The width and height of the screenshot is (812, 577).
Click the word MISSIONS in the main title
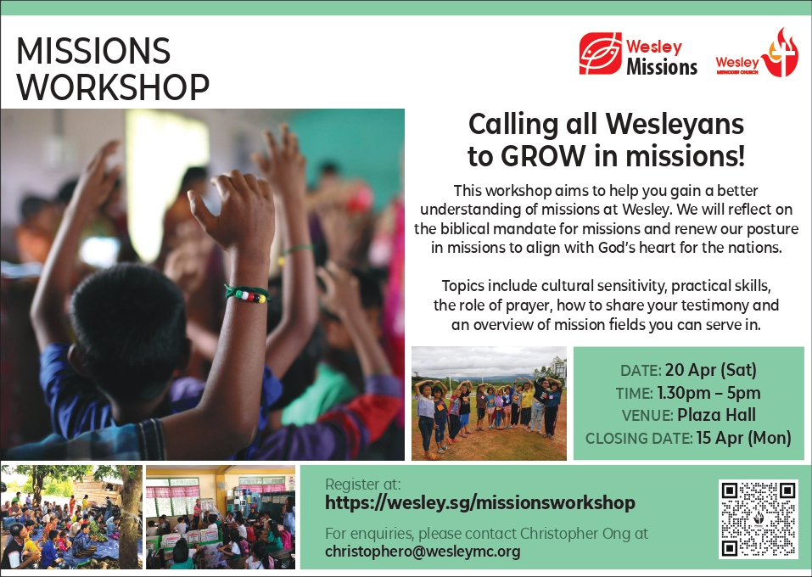pyautogui.click(x=93, y=51)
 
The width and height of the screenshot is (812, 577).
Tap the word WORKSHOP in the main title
pyautogui.click(x=113, y=87)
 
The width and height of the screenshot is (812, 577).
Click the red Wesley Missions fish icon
pyautogui.click(x=600, y=53)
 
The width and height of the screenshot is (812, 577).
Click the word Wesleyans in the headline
pyautogui.click(x=675, y=124)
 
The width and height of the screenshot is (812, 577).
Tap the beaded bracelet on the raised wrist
pyautogui.click(x=247, y=294)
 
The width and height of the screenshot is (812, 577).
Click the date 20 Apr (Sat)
pyautogui.click(x=710, y=370)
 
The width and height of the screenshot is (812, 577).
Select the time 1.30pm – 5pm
pyautogui.click(x=708, y=393)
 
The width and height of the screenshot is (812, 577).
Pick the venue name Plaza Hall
pyautogui.click(x=716, y=415)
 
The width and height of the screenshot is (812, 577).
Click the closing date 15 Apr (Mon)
pyautogui.click(x=743, y=438)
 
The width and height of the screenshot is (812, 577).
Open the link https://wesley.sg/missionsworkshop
pyautogui.click(x=480, y=503)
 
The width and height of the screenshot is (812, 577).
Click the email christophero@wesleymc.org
pyautogui.click(x=423, y=552)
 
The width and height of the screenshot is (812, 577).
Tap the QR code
pyautogui.click(x=759, y=519)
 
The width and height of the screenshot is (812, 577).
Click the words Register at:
pyautogui.click(x=363, y=485)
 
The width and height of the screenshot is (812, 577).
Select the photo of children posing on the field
pyautogui.click(x=489, y=403)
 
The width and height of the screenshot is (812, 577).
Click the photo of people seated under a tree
pyautogui.click(x=71, y=517)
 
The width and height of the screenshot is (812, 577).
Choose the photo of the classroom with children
pyautogui.click(x=220, y=517)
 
